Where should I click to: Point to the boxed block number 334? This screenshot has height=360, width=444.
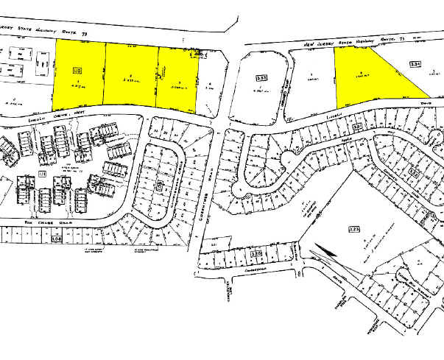[415, 65]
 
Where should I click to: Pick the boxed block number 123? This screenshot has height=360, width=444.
[353, 230]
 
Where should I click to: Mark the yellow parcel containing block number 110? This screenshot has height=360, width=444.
[79, 81]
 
